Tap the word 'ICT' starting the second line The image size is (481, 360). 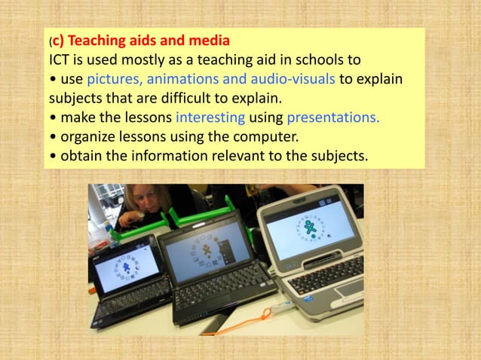(60, 59)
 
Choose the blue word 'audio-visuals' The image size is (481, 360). (291, 79)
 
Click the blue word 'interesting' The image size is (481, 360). (210, 118)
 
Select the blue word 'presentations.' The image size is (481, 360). (330, 118)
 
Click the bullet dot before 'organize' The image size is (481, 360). (53, 138)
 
